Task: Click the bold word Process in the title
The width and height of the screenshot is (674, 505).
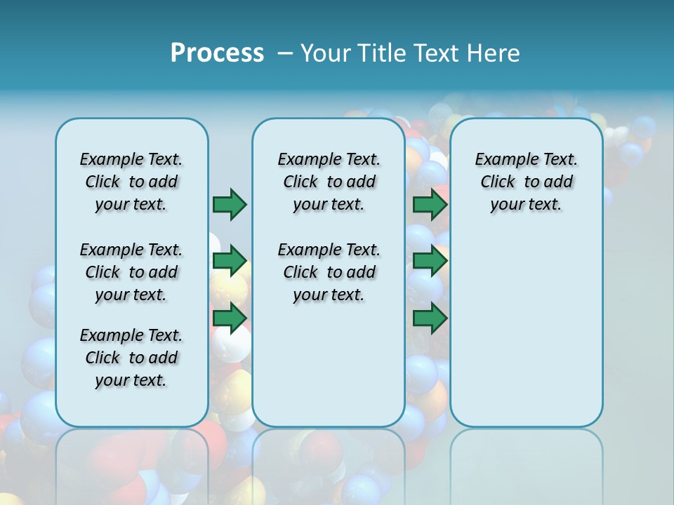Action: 217,53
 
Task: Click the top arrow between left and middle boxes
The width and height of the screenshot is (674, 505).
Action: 230,204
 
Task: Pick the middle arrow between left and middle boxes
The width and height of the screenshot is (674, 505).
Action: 230,262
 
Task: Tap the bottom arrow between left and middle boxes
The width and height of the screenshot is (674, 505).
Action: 230,318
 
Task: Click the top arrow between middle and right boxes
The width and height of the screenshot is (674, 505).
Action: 430,204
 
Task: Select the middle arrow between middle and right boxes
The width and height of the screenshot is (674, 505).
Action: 430,262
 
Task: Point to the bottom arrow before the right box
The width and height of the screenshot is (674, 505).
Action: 430,318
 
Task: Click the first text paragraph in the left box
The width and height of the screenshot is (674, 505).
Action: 131,182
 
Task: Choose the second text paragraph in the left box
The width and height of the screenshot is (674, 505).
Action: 131,272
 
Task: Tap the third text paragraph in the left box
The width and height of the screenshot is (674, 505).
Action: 131,358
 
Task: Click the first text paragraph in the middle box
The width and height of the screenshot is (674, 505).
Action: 329,182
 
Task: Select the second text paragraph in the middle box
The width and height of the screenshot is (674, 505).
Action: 329,272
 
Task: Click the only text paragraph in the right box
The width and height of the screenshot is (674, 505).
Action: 526,182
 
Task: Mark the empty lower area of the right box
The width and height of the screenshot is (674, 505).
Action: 526,330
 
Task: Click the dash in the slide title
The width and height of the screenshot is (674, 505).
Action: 285,53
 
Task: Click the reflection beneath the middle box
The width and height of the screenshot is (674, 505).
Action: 329,463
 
